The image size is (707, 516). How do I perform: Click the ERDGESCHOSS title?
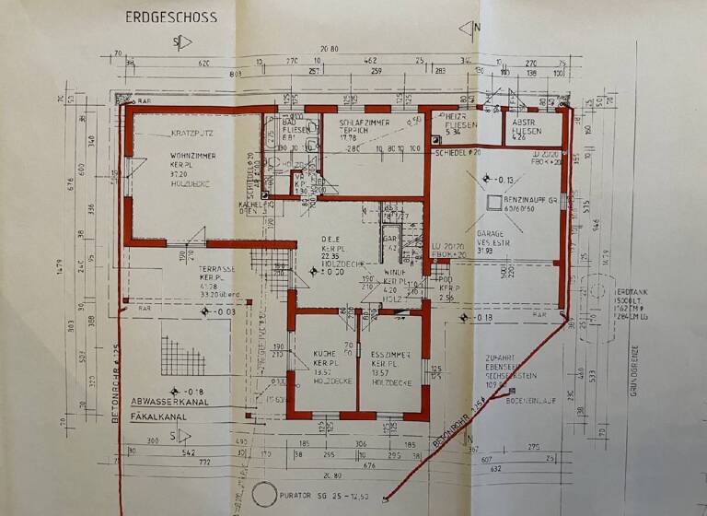171,17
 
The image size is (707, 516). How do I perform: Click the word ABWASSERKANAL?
170,403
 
